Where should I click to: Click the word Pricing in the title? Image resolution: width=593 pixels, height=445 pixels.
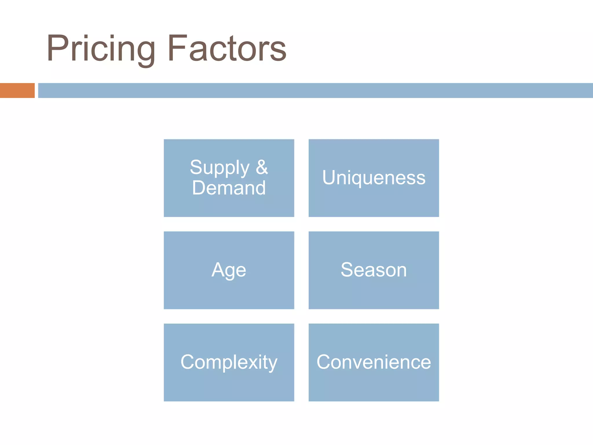101,49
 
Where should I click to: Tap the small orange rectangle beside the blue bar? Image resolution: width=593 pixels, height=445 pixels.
17,90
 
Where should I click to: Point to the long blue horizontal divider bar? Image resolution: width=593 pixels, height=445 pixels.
315,90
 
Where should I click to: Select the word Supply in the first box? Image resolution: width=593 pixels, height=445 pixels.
219,168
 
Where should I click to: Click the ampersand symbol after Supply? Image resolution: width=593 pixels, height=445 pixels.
262,167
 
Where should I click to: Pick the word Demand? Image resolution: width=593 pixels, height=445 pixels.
229,188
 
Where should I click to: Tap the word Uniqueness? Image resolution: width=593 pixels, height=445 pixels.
374,177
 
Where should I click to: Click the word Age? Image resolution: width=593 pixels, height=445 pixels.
229,270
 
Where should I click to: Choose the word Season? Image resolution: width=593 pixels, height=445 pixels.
374,270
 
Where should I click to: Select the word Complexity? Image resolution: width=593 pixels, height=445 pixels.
229,362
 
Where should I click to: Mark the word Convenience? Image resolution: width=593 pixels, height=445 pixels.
374,362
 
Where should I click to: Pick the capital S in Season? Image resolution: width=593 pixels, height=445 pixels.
348,269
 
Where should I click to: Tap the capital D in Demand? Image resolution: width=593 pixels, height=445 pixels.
199,188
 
